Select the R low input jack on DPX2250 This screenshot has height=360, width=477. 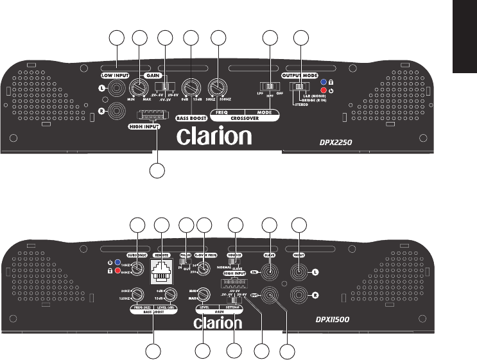[116, 111]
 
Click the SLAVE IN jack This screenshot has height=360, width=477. [270, 272]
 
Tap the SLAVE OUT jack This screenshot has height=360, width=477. [270, 296]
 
